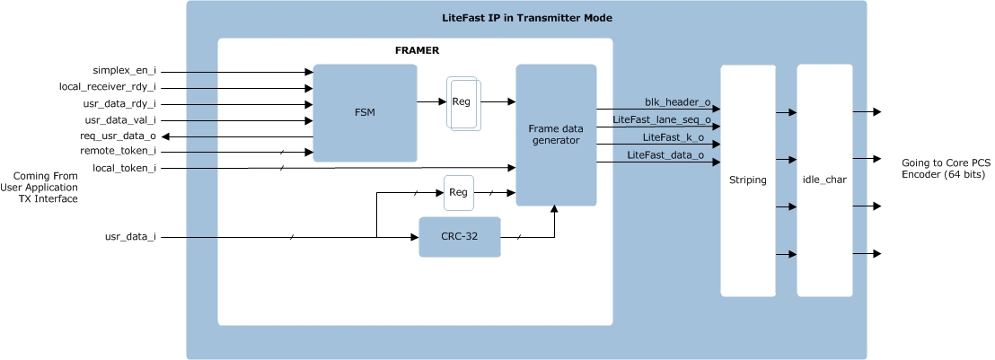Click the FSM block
tap(365, 113)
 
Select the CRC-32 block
tap(459, 237)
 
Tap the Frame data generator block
tap(556, 135)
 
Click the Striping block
tap(747, 180)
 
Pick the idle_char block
tap(823, 180)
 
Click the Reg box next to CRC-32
tap(458, 192)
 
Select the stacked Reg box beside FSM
tap(462, 102)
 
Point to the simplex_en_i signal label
tap(124, 71)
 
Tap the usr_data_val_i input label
tap(120, 119)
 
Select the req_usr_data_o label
tap(118, 136)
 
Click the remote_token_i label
tap(118, 152)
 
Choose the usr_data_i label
tap(130, 237)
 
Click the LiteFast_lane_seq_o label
tap(662, 119)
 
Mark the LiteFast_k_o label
tap(674, 137)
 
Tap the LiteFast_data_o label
tap(665, 155)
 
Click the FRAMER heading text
tap(417, 50)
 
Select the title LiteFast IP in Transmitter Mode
tap(527, 18)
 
